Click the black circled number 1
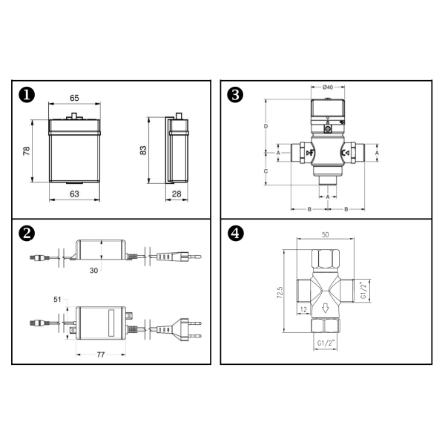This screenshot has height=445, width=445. click(x=27, y=95)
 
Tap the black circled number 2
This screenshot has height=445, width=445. click(x=27, y=234)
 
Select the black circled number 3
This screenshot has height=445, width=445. click(x=235, y=95)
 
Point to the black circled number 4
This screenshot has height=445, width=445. click(x=235, y=234)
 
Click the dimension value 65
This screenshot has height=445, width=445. click(x=74, y=98)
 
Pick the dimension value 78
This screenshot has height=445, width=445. click(x=27, y=151)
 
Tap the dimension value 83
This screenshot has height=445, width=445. click(x=143, y=150)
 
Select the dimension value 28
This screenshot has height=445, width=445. click(x=177, y=194)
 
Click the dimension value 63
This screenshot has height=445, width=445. click(x=74, y=194)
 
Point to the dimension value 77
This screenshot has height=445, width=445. click(x=101, y=355)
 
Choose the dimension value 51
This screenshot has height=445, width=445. click(x=57, y=300)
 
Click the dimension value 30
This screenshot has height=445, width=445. click(x=93, y=271)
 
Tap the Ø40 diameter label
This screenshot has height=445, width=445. click(x=328, y=87)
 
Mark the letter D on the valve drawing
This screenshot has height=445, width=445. click(x=266, y=126)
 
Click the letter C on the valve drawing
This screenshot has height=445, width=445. click(x=266, y=171)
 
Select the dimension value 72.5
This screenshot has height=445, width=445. click(x=280, y=292)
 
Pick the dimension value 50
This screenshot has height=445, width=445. click(x=326, y=234)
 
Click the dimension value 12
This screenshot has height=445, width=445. click(x=303, y=309)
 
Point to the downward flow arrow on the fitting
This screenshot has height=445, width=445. click(x=326, y=309)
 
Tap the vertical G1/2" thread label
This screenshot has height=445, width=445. click(x=363, y=290)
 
